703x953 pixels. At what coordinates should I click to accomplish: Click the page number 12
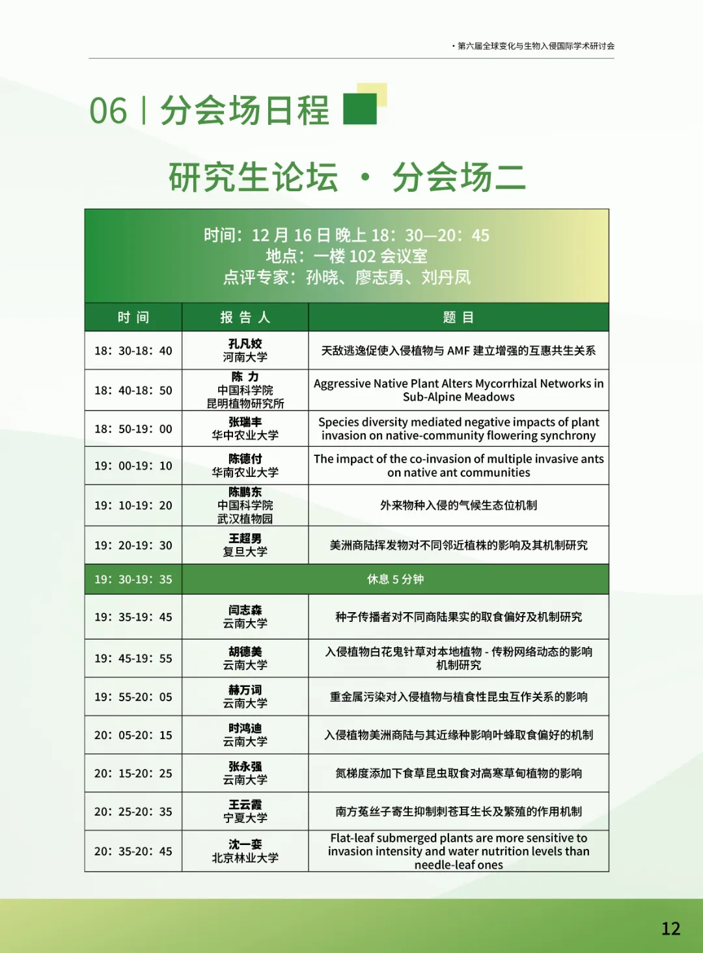(x=670, y=928)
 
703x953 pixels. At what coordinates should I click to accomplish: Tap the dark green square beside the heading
(x=360, y=109)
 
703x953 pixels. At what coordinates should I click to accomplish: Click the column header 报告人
(x=245, y=317)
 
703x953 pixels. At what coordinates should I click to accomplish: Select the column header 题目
(x=458, y=317)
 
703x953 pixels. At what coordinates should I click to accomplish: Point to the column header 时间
(x=133, y=317)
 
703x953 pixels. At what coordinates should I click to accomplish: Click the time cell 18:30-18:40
(x=133, y=351)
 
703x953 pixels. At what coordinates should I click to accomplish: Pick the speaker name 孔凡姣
(x=245, y=343)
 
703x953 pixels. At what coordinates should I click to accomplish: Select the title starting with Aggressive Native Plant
(x=458, y=390)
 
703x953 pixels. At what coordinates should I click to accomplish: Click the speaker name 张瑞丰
(x=245, y=422)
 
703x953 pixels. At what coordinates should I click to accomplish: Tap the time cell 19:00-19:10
(x=133, y=466)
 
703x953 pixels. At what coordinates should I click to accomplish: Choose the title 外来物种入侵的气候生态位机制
(x=458, y=505)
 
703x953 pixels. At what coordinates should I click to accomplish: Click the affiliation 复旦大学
(x=245, y=552)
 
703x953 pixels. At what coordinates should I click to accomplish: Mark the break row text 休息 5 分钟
(x=395, y=579)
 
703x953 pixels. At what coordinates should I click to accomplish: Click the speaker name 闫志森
(x=245, y=610)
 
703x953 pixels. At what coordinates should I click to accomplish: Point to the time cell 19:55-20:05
(x=133, y=697)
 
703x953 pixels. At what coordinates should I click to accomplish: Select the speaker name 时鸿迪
(x=245, y=729)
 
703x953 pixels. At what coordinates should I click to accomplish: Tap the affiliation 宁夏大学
(x=245, y=818)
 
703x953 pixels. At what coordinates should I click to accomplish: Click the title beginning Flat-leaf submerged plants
(x=458, y=851)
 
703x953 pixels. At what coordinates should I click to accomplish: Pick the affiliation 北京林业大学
(x=245, y=858)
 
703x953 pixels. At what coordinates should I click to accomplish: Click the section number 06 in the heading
(x=108, y=111)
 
